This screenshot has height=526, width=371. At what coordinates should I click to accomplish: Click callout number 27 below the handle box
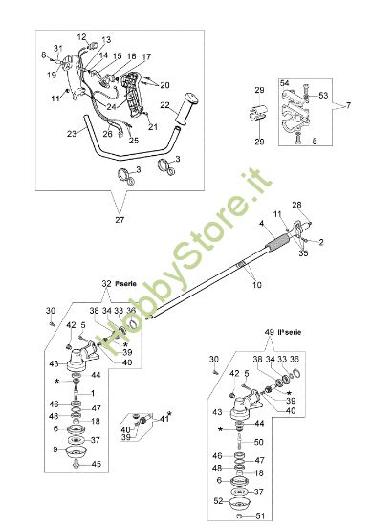coord(119,219)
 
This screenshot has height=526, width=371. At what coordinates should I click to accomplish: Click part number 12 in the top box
coord(82,36)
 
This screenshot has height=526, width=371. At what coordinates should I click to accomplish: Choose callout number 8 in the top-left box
coord(43,55)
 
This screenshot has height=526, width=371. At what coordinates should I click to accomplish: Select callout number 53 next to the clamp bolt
coord(324,95)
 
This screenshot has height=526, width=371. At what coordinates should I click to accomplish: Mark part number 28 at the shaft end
coord(295,206)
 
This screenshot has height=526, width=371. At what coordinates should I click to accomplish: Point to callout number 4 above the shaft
coord(260,223)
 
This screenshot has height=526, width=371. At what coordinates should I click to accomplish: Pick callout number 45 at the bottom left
coord(95,465)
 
